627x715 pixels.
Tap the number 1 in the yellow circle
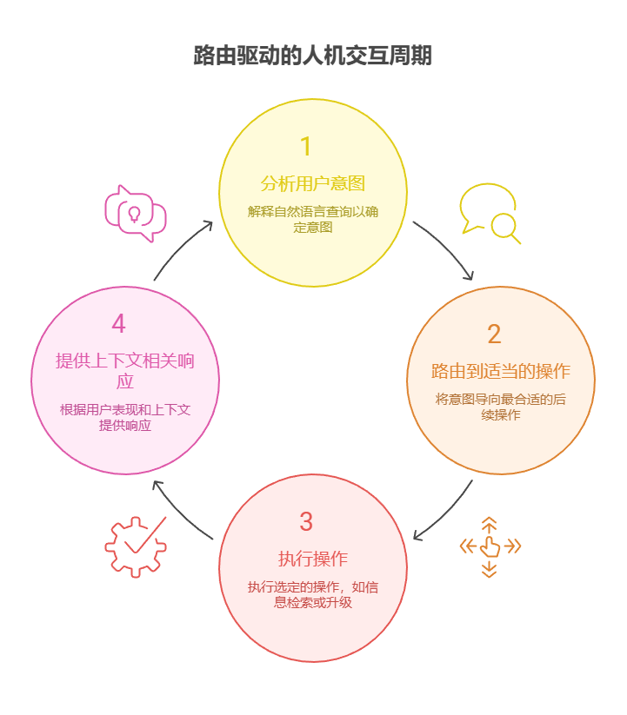pyautogui.click(x=305, y=145)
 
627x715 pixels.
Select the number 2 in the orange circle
pyautogui.click(x=494, y=334)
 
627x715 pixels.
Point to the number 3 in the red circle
pyautogui.click(x=306, y=522)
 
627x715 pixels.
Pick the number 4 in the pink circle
pyautogui.click(x=118, y=324)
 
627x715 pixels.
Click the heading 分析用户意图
pyautogui.click(x=313, y=183)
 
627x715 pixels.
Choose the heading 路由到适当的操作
pyautogui.click(x=501, y=372)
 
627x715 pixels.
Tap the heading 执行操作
pyautogui.click(x=313, y=559)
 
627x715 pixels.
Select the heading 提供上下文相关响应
pyautogui.click(x=125, y=371)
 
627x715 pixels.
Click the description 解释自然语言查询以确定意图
pyautogui.click(x=313, y=220)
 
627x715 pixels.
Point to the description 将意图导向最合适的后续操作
pyautogui.click(x=501, y=407)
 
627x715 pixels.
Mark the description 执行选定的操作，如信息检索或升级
pyautogui.click(x=313, y=595)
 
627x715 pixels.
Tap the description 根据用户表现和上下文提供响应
pyautogui.click(x=125, y=417)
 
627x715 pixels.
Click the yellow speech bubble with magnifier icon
pyautogui.click(x=490, y=214)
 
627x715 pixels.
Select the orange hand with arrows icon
pyautogui.click(x=490, y=546)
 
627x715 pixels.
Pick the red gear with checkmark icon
pyautogui.click(x=136, y=546)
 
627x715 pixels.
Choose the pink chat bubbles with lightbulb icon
pyautogui.click(x=135, y=213)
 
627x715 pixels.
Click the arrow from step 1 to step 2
pyautogui.click(x=445, y=249)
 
